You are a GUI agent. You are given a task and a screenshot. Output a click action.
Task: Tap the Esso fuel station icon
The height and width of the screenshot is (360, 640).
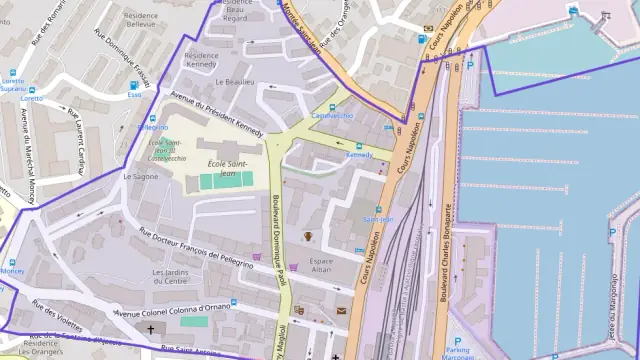click(x=134, y=84)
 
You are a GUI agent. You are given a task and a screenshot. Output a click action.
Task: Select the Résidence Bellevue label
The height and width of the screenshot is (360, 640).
click(x=141, y=20)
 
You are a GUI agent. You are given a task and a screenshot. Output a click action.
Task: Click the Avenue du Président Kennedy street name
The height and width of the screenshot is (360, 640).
click(x=216, y=116)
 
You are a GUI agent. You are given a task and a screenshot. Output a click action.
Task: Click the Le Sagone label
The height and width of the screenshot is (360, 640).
click(x=140, y=176)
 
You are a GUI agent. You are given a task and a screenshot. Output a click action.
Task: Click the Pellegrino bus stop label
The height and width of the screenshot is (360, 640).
click(x=152, y=128)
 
